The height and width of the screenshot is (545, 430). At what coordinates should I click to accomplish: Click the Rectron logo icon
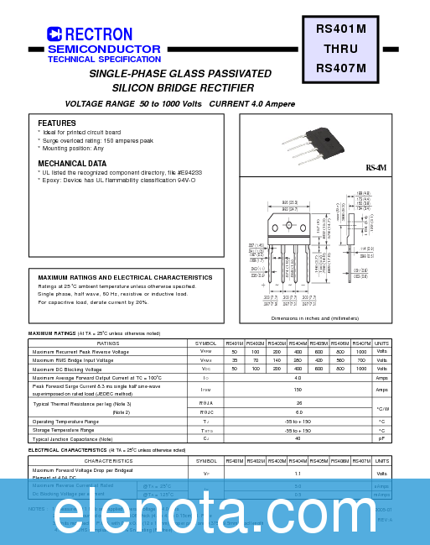pyautogui.click(x=54, y=34)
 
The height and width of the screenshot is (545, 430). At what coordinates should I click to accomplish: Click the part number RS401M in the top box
pyautogui.click(x=340, y=29)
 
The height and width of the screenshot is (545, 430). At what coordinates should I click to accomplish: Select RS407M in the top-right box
pyautogui.click(x=340, y=68)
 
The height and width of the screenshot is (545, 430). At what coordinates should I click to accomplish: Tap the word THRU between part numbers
pyautogui.click(x=340, y=49)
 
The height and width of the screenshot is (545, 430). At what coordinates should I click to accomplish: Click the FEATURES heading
pyautogui.click(x=57, y=123)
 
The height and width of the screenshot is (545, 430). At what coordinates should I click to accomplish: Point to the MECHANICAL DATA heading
pyautogui.click(x=72, y=163)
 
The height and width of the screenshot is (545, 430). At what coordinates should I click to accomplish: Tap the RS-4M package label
pyautogui.click(x=376, y=168)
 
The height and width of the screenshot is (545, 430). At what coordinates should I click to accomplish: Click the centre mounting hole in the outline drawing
pyautogui.click(x=290, y=226)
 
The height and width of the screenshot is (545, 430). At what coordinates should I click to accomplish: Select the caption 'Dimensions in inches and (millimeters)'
pyautogui.click(x=314, y=318)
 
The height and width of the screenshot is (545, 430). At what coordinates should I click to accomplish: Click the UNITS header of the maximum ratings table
pyautogui.click(x=381, y=343)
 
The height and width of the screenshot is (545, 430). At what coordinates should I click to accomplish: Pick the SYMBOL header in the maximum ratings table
pyautogui.click(x=206, y=343)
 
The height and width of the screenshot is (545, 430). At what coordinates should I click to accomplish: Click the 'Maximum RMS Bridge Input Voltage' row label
pyautogui.click(x=72, y=360)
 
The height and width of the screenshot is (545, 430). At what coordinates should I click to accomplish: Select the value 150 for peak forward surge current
pyautogui.click(x=298, y=390)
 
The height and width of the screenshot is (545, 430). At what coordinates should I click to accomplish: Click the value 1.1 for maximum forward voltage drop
pyautogui.click(x=298, y=474)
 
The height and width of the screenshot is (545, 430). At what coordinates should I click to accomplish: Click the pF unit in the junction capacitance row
pyautogui.click(x=381, y=438)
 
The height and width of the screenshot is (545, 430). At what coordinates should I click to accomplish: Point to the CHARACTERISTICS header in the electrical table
pyautogui.click(x=108, y=461)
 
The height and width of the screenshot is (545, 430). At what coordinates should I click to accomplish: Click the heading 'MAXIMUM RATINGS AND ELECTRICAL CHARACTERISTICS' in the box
pyautogui.click(x=125, y=277)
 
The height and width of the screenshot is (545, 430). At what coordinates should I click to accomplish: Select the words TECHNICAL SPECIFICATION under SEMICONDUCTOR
pyautogui.click(x=104, y=60)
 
